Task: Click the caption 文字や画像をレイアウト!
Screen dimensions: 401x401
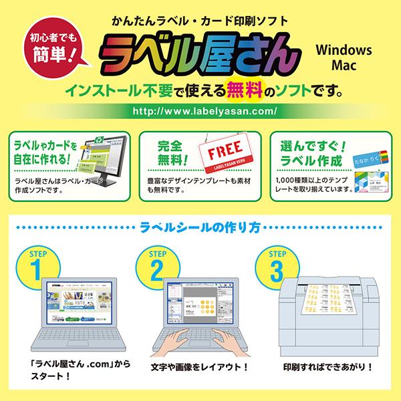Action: coord(200,367)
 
